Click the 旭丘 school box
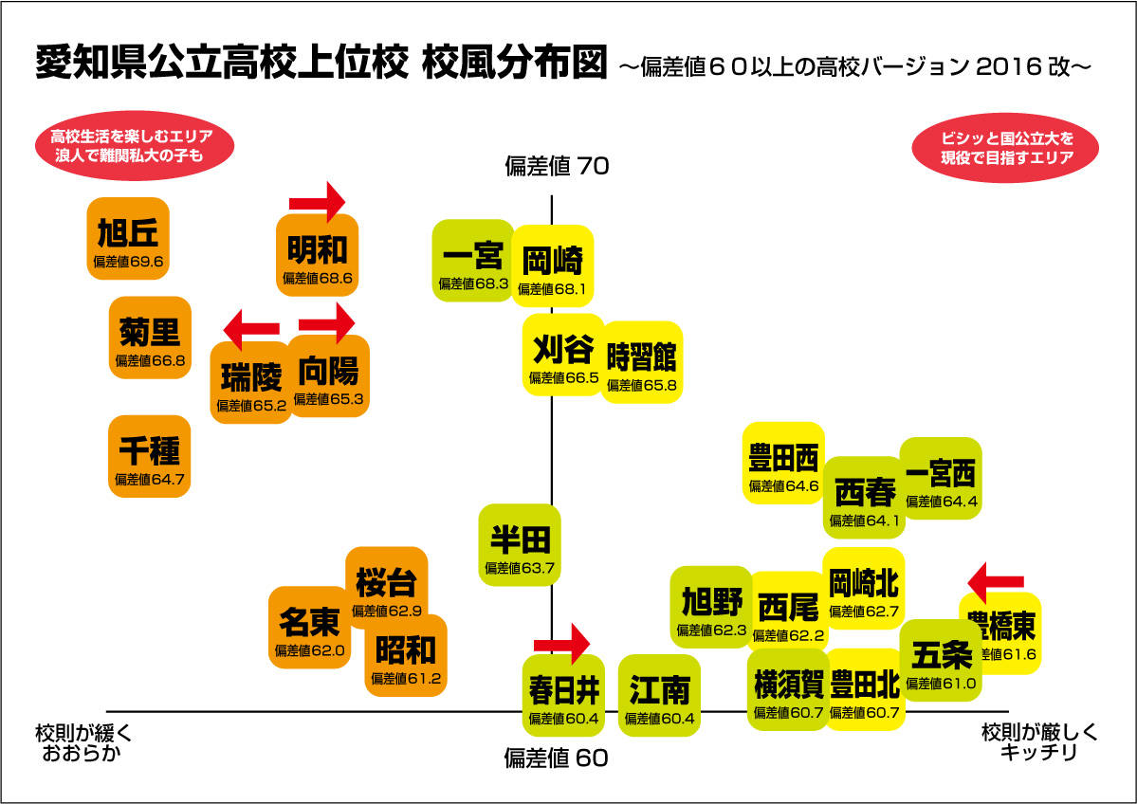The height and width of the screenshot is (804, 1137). coord(128,238)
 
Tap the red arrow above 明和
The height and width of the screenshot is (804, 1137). coord(317,200)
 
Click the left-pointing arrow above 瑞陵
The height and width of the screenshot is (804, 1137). coord(251,329)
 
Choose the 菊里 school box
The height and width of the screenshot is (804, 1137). coord(150,338)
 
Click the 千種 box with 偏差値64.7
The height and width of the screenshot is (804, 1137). coord(150,456)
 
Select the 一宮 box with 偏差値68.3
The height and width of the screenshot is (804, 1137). coord(473,261)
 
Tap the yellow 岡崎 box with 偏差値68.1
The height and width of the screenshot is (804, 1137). coord(553,265)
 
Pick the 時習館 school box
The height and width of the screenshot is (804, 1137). coord(642,362)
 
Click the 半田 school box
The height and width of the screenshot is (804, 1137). coord(520,544)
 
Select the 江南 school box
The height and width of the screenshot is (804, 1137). coord(659,696)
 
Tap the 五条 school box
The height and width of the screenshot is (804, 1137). coord(938,660)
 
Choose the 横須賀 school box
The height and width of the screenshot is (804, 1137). coord(787,689)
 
